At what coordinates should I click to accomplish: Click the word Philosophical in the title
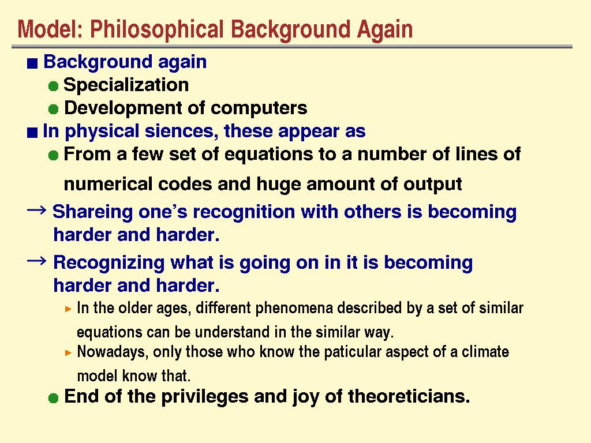pyautogui.click(x=157, y=30)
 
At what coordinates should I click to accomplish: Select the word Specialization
pyautogui.click(x=126, y=85)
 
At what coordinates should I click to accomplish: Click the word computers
pyautogui.click(x=259, y=108)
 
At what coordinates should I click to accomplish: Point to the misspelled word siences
pyautogui.click(x=179, y=131)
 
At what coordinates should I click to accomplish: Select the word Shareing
pyautogui.click(x=93, y=212)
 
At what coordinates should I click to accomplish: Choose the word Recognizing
pyautogui.click(x=109, y=263)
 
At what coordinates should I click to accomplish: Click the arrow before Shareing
pyautogui.click(x=36, y=210)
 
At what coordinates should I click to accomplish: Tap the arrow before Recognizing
pyautogui.click(x=36, y=261)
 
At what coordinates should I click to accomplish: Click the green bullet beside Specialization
pyautogui.click(x=54, y=87)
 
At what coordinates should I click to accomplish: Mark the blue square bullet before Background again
pyautogui.click(x=32, y=63)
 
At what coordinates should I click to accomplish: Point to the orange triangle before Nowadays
pyautogui.click(x=68, y=353)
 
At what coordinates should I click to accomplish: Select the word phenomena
pyautogui.click(x=294, y=309)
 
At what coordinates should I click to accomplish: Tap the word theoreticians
pyautogui.click(x=409, y=397)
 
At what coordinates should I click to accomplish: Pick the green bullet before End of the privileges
pyautogui.click(x=54, y=398)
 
